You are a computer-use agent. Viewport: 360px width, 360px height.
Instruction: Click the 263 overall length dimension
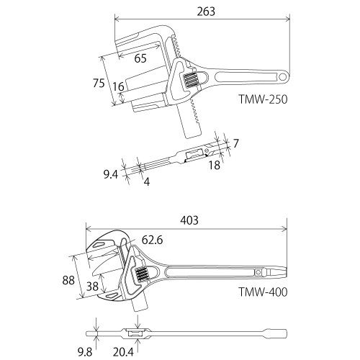click(206, 12)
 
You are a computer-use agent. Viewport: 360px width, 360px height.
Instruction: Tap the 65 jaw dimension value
click(140, 58)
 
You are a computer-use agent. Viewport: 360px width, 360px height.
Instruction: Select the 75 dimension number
click(99, 83)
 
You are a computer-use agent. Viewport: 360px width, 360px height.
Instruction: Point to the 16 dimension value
click(118, 86)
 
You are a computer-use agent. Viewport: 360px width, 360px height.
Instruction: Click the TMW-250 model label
click(263, 99)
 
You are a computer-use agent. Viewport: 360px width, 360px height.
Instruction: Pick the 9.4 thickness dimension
click(111, 174)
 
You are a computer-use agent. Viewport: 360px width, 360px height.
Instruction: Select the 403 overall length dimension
click(189, 220)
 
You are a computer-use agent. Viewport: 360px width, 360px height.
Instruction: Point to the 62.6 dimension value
click(152, 240)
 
